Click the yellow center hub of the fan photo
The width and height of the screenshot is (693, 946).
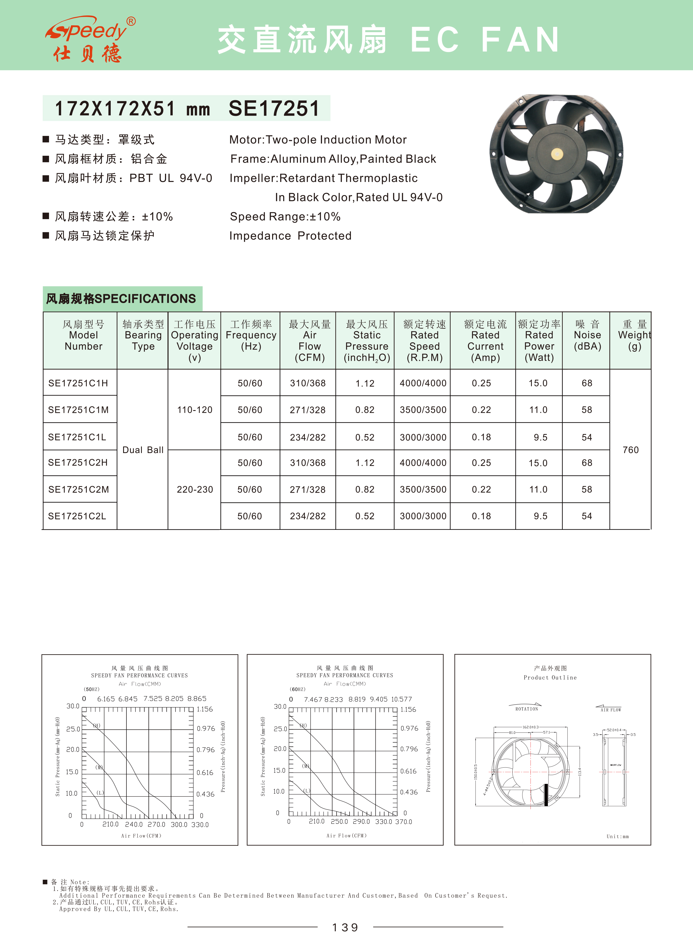tap(557, 154)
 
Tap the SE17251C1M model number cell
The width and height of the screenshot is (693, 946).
tap(78, 410)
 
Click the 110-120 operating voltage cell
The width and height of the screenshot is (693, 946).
tap(195, 410)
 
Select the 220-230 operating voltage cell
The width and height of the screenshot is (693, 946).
tap(195, 490)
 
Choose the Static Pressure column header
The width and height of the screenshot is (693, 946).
tap(367, 340)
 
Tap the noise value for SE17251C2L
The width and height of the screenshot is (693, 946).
tap(587, 516)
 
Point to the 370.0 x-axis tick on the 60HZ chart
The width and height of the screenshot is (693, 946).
tap(404, 822)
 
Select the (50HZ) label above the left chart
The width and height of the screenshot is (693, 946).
tap(91, 689)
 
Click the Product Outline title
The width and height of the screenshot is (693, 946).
tap(550, 677)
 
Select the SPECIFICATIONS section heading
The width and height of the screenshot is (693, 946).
tap(121, 299)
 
